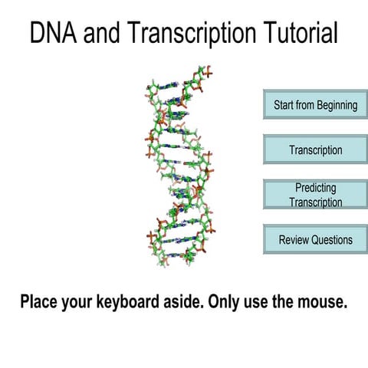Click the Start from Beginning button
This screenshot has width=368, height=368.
point(315,105)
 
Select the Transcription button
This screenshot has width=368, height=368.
point(315,149)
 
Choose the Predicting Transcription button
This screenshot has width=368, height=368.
point(315,195)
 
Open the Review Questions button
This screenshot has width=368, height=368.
point(315,239)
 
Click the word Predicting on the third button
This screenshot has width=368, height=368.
point(315,188)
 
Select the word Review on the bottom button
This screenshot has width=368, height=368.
point(293,239)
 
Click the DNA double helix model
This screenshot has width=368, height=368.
point(179,165)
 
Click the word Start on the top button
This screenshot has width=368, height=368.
point(285,105)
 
